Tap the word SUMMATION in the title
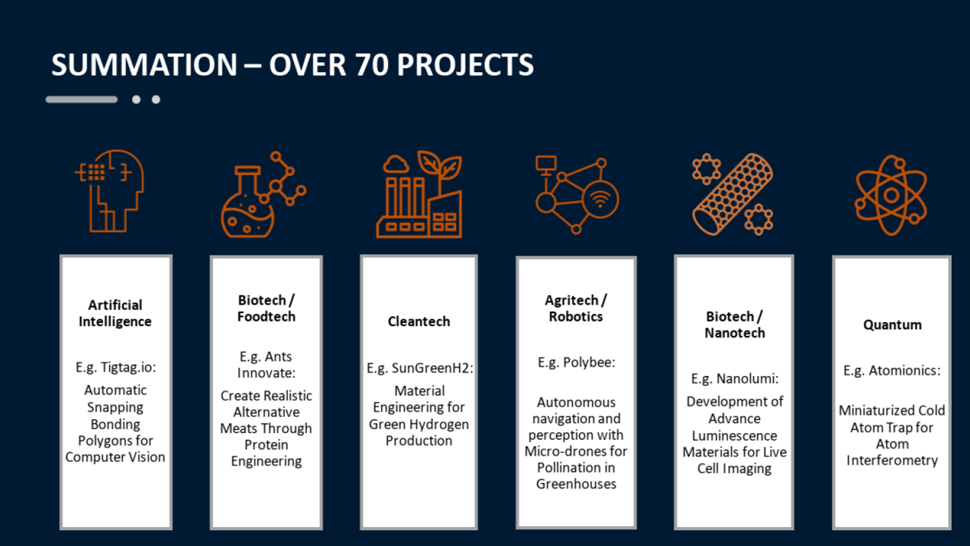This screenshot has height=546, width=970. [144, 65]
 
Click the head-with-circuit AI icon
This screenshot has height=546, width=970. [110, 191]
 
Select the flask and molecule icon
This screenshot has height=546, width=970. [263, 194]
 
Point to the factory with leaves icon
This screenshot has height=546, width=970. [419, 194]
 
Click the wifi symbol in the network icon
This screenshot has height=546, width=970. [600, 199]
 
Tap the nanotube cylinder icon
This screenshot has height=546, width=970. [733, 194]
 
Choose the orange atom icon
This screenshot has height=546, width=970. [891, 196]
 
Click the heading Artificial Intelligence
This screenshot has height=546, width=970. [115, 313]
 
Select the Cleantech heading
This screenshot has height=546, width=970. [419, 322]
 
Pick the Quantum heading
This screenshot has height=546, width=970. [893, 325]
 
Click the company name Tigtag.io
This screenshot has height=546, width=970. [128, 368]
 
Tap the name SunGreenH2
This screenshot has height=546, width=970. [433, 369]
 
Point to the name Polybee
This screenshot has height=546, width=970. [589, 362]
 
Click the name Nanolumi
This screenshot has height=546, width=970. [747, 378]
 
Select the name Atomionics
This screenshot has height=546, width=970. [905, 371]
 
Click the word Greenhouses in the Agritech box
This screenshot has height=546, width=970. [576, 484]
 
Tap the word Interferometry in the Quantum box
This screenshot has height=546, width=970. [892, 460]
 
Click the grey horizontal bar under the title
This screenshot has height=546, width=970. [81, 99]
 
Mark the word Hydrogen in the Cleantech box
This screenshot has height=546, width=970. [438, 425]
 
